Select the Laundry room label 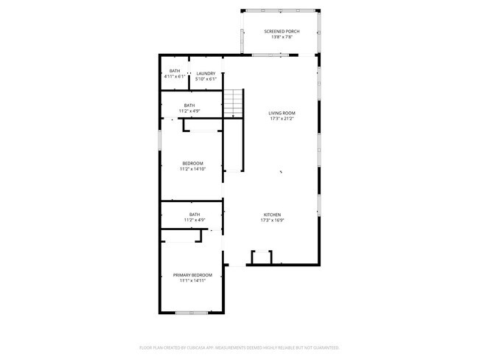point(206,72)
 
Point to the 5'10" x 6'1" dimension point(206,78)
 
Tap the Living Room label point(281,113)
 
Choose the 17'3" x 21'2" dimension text point(281,119)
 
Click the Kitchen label point(272,215)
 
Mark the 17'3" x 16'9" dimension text point(272,221)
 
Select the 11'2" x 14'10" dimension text point(192,169)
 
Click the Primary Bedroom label point(192,274)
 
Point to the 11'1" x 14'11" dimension point(192,280)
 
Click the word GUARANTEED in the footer point(325,347)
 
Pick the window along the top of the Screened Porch point(279,10)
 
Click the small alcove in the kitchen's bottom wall point(262,257)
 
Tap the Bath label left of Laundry point(174,71)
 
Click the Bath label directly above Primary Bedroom point(194,214)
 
